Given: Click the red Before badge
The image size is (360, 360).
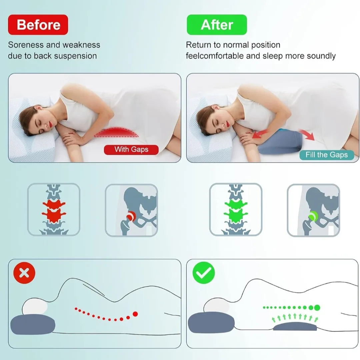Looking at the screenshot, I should [x=38, y=25].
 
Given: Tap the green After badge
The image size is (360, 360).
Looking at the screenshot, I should [x=217, y=25].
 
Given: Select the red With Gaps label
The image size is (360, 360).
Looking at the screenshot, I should [x=131, y=149].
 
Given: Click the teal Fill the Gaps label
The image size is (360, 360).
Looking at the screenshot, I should [x=326, y=155].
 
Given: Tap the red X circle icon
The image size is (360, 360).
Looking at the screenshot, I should [x=24, y=273].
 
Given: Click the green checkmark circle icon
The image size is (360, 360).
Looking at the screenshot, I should [x=203, y=273].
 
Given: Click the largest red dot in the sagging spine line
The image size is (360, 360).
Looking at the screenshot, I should [x=135, y=314].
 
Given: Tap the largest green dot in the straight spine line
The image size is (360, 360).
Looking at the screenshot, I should [x=317, y=307].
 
